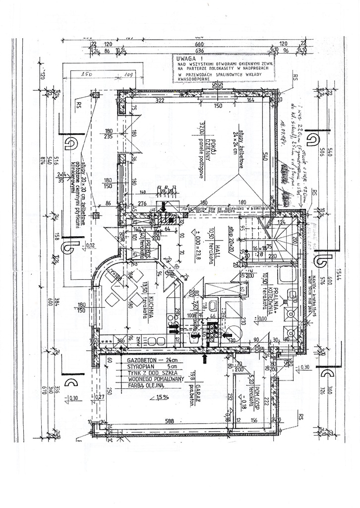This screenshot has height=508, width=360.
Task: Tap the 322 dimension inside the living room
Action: click(x=159, y=101)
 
